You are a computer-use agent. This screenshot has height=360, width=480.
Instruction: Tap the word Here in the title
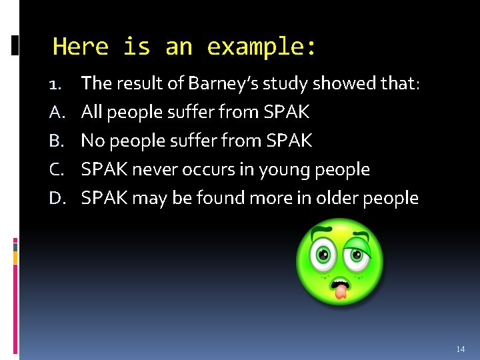point(80,47)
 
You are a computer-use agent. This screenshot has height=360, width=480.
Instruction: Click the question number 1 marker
point(57,84)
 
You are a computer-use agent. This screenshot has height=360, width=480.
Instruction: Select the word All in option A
point(91,112)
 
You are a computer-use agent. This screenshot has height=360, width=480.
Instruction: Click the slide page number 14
point(460,349)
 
